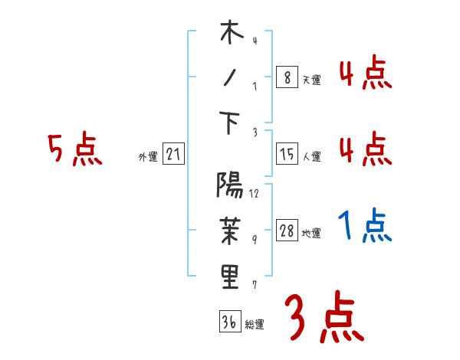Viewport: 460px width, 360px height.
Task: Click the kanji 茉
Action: coord(230,231)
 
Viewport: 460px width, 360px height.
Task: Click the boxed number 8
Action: coord(287,77)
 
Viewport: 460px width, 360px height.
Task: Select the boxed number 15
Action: coord(287,155)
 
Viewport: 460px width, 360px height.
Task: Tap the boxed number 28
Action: coord(287,231)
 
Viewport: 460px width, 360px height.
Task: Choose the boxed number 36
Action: coord(229,322)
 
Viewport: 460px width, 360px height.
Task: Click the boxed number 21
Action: coord(172,155)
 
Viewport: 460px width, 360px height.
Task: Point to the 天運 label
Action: coord(311,80)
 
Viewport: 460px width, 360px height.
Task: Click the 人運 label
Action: coord(311,157)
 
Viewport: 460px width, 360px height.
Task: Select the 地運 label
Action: coord(311,234)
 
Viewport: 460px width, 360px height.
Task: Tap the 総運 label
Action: coord(254,324)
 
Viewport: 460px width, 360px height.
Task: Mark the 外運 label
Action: coord(147,157)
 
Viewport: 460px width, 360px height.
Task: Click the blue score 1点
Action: coord(365,226)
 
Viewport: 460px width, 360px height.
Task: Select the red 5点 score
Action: coord(74,149)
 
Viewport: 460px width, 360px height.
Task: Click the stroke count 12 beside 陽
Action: coord(254,194)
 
